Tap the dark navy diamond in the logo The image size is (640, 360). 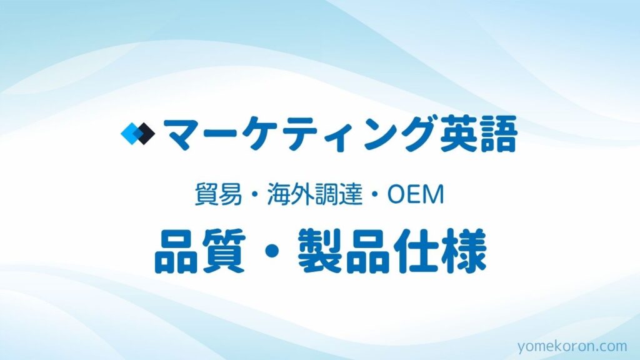144,134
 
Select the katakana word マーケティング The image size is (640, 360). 298,134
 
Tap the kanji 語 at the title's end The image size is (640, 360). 498,134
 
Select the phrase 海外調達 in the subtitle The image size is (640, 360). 315,194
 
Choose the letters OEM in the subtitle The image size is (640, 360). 416,195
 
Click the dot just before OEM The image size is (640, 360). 375,195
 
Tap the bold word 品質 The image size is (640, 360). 200,251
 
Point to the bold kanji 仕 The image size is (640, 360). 417,251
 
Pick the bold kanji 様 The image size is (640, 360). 464,251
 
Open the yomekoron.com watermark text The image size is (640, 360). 572,346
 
